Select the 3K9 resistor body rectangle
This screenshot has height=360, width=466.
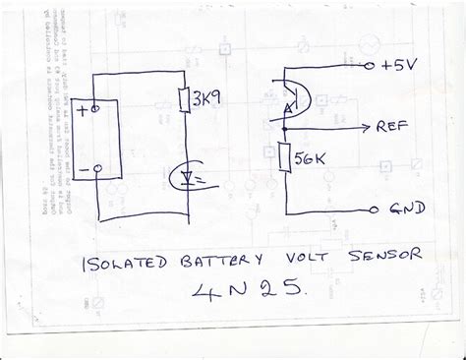coord(185,99)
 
